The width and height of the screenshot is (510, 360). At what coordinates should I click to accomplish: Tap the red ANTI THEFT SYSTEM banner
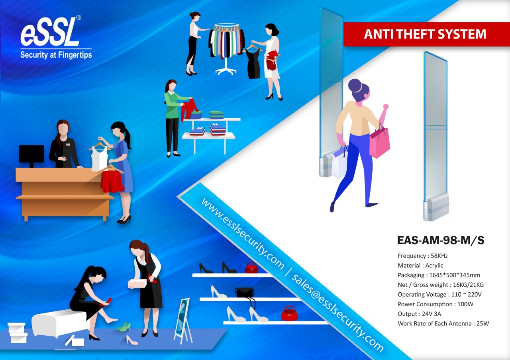425,34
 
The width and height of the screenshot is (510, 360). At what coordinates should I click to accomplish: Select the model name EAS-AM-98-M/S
441,240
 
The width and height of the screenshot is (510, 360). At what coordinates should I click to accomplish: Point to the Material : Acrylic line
420,265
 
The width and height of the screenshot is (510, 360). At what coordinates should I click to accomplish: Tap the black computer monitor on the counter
31,155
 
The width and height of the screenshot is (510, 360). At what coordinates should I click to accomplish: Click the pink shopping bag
379,142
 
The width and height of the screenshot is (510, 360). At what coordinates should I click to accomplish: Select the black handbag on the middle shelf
245,292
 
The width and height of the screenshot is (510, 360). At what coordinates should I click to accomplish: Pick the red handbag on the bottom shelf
289,313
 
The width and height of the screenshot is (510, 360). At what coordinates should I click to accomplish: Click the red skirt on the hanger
112,181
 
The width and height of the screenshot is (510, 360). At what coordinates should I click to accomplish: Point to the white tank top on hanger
100,158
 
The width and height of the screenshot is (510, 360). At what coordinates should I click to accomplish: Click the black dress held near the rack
253,64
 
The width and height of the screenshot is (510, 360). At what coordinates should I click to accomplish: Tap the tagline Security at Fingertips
56,55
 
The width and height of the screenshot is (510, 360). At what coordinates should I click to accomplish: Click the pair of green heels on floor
124,327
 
